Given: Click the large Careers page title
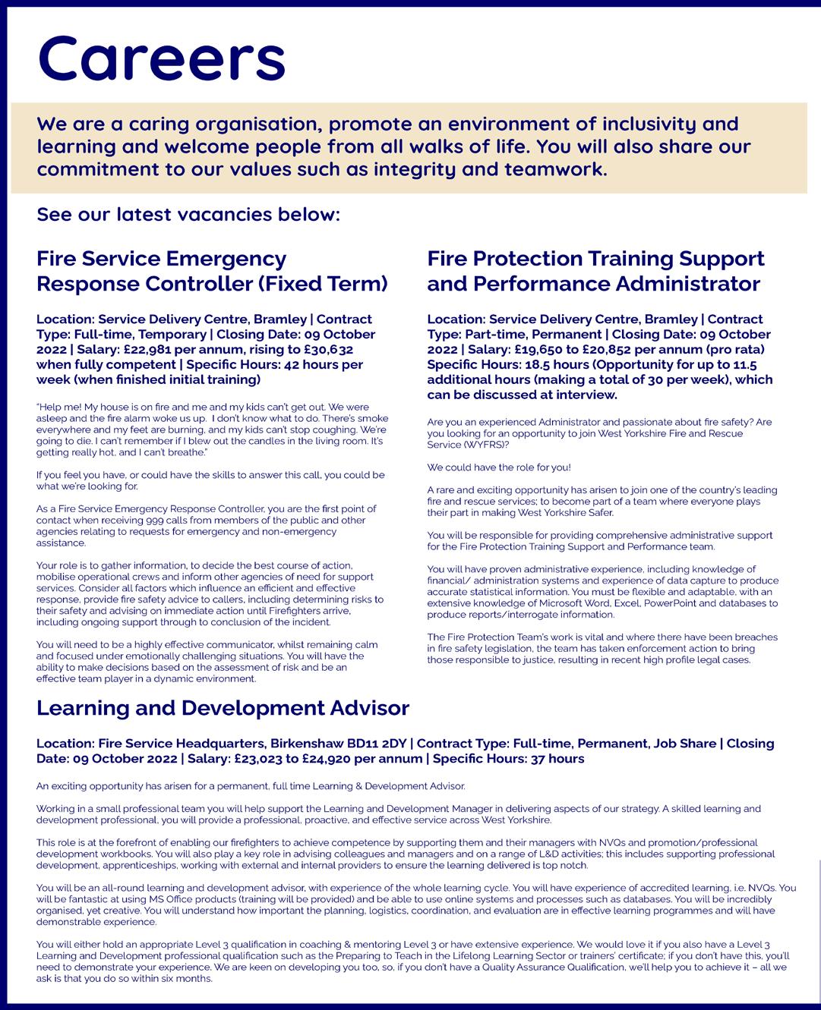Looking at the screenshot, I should tap(161, 58).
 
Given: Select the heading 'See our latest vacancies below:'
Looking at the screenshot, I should tap(188, 215).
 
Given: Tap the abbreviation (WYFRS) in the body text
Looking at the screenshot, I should tap(485, 445).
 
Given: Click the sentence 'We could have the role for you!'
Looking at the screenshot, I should tap(499, 467).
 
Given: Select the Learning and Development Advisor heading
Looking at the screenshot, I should tap(223, 708).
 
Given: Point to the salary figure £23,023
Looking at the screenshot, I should tap(259, 759).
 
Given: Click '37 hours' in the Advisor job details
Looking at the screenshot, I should tap(554, 759).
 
